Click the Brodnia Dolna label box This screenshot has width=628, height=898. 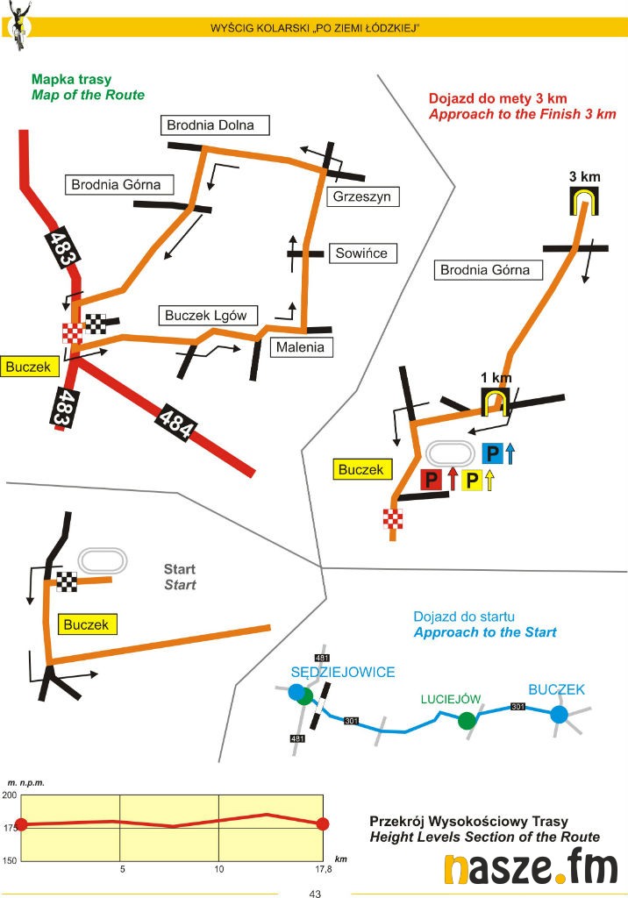[x=216, y=125]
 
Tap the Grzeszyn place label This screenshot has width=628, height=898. [x=361, y=197]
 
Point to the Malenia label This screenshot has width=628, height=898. [x=300, y=347]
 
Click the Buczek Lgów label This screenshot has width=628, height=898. [x=206, y=316]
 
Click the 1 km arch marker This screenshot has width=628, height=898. [x=496, y=400]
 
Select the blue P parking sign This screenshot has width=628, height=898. [x=493, y=453]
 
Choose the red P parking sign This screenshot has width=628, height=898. [x=432, y=480]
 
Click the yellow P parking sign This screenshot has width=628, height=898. [x=472, y=480]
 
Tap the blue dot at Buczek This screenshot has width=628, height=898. [x=559, y=715]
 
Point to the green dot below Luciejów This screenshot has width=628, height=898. [x=467, y=720]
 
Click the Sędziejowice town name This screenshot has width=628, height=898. [x=343, y=673]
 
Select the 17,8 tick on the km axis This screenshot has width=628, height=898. [x=324, y=869]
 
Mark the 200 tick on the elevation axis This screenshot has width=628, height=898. [x=10, y=795]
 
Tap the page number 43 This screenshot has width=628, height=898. [x=315, y=893]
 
